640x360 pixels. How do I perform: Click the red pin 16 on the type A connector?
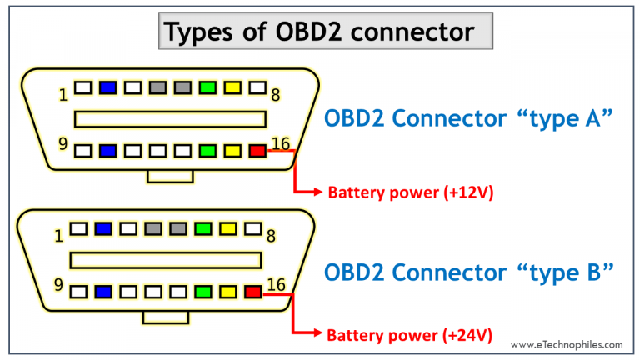click(x=257, y=151)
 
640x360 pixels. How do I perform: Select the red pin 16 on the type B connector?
click(x=253, y=292)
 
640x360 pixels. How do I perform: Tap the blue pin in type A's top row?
click(x=107, y=87)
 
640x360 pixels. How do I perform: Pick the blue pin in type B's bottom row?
click(x=103, y=292)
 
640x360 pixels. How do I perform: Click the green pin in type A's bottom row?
click(x=207, y=151)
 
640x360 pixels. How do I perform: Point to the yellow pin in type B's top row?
click(x=227, y=227)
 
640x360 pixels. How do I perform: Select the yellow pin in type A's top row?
click(x=232, y=87)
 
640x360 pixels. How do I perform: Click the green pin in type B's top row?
click(x=202, y=227)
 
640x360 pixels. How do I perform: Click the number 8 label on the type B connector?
click(x=272, y=236)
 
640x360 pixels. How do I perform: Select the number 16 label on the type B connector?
click(x=277, y=285)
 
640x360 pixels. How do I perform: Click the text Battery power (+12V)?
click(x=410, y=192)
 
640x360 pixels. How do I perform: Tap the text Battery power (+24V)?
click(x=410, y=335)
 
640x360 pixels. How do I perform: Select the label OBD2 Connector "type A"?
click(x=468, y=120)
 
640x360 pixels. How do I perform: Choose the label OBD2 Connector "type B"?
click(x=468, y=272)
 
